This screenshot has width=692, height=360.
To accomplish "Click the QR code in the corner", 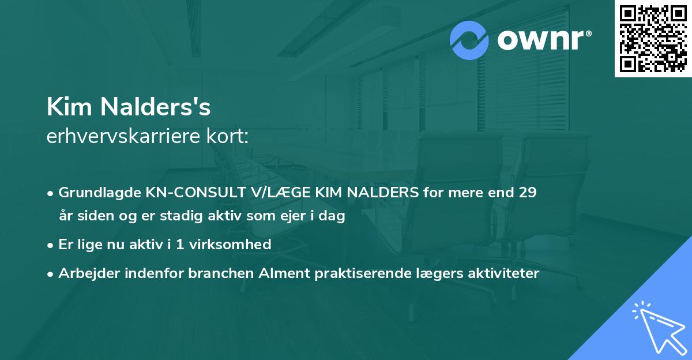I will coord(653,39).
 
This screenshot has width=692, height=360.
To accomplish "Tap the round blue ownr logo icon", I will coord(469,40).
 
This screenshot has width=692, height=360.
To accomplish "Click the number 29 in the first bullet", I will coord(528,193).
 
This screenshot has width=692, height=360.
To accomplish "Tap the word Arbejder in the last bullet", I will coord(85,273).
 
